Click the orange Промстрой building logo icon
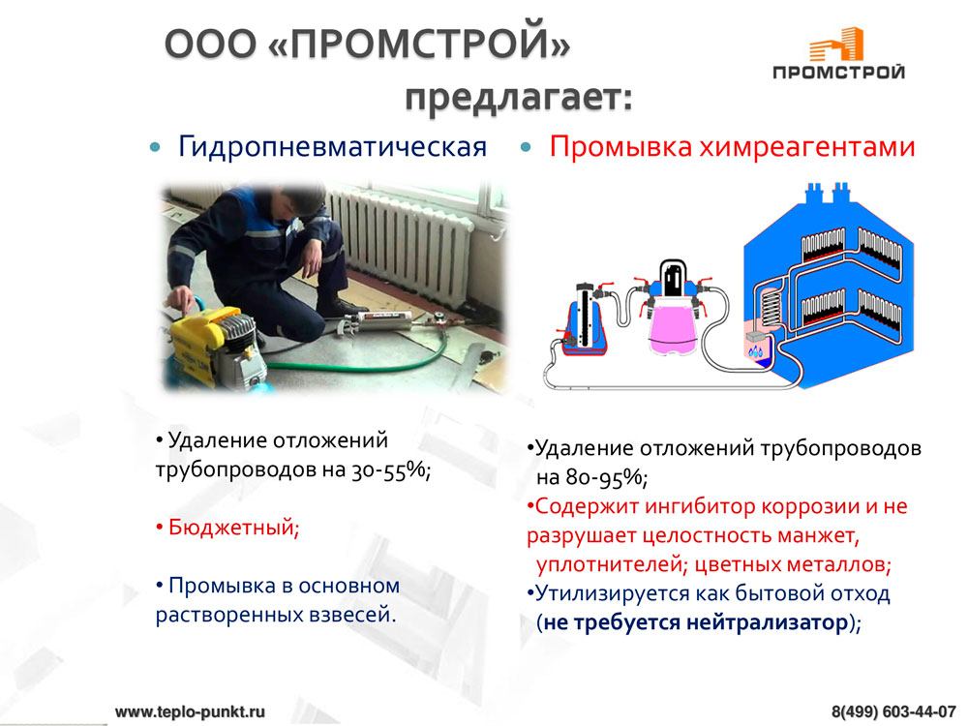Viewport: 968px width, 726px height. coord(836,45)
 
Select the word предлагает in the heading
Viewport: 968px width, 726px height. coord(519,98)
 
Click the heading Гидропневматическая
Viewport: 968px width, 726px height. coord(332,147)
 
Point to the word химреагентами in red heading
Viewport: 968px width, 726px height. coord(807,147)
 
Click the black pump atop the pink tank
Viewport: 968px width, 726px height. coord(673,279)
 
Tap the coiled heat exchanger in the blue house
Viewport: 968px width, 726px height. coord(771,307)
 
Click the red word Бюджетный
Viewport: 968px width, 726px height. coord(233,528)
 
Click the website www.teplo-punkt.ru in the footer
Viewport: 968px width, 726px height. coord(190,711)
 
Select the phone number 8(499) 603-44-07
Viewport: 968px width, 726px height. coord(893,711)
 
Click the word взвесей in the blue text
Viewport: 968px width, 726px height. coord(349,615)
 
